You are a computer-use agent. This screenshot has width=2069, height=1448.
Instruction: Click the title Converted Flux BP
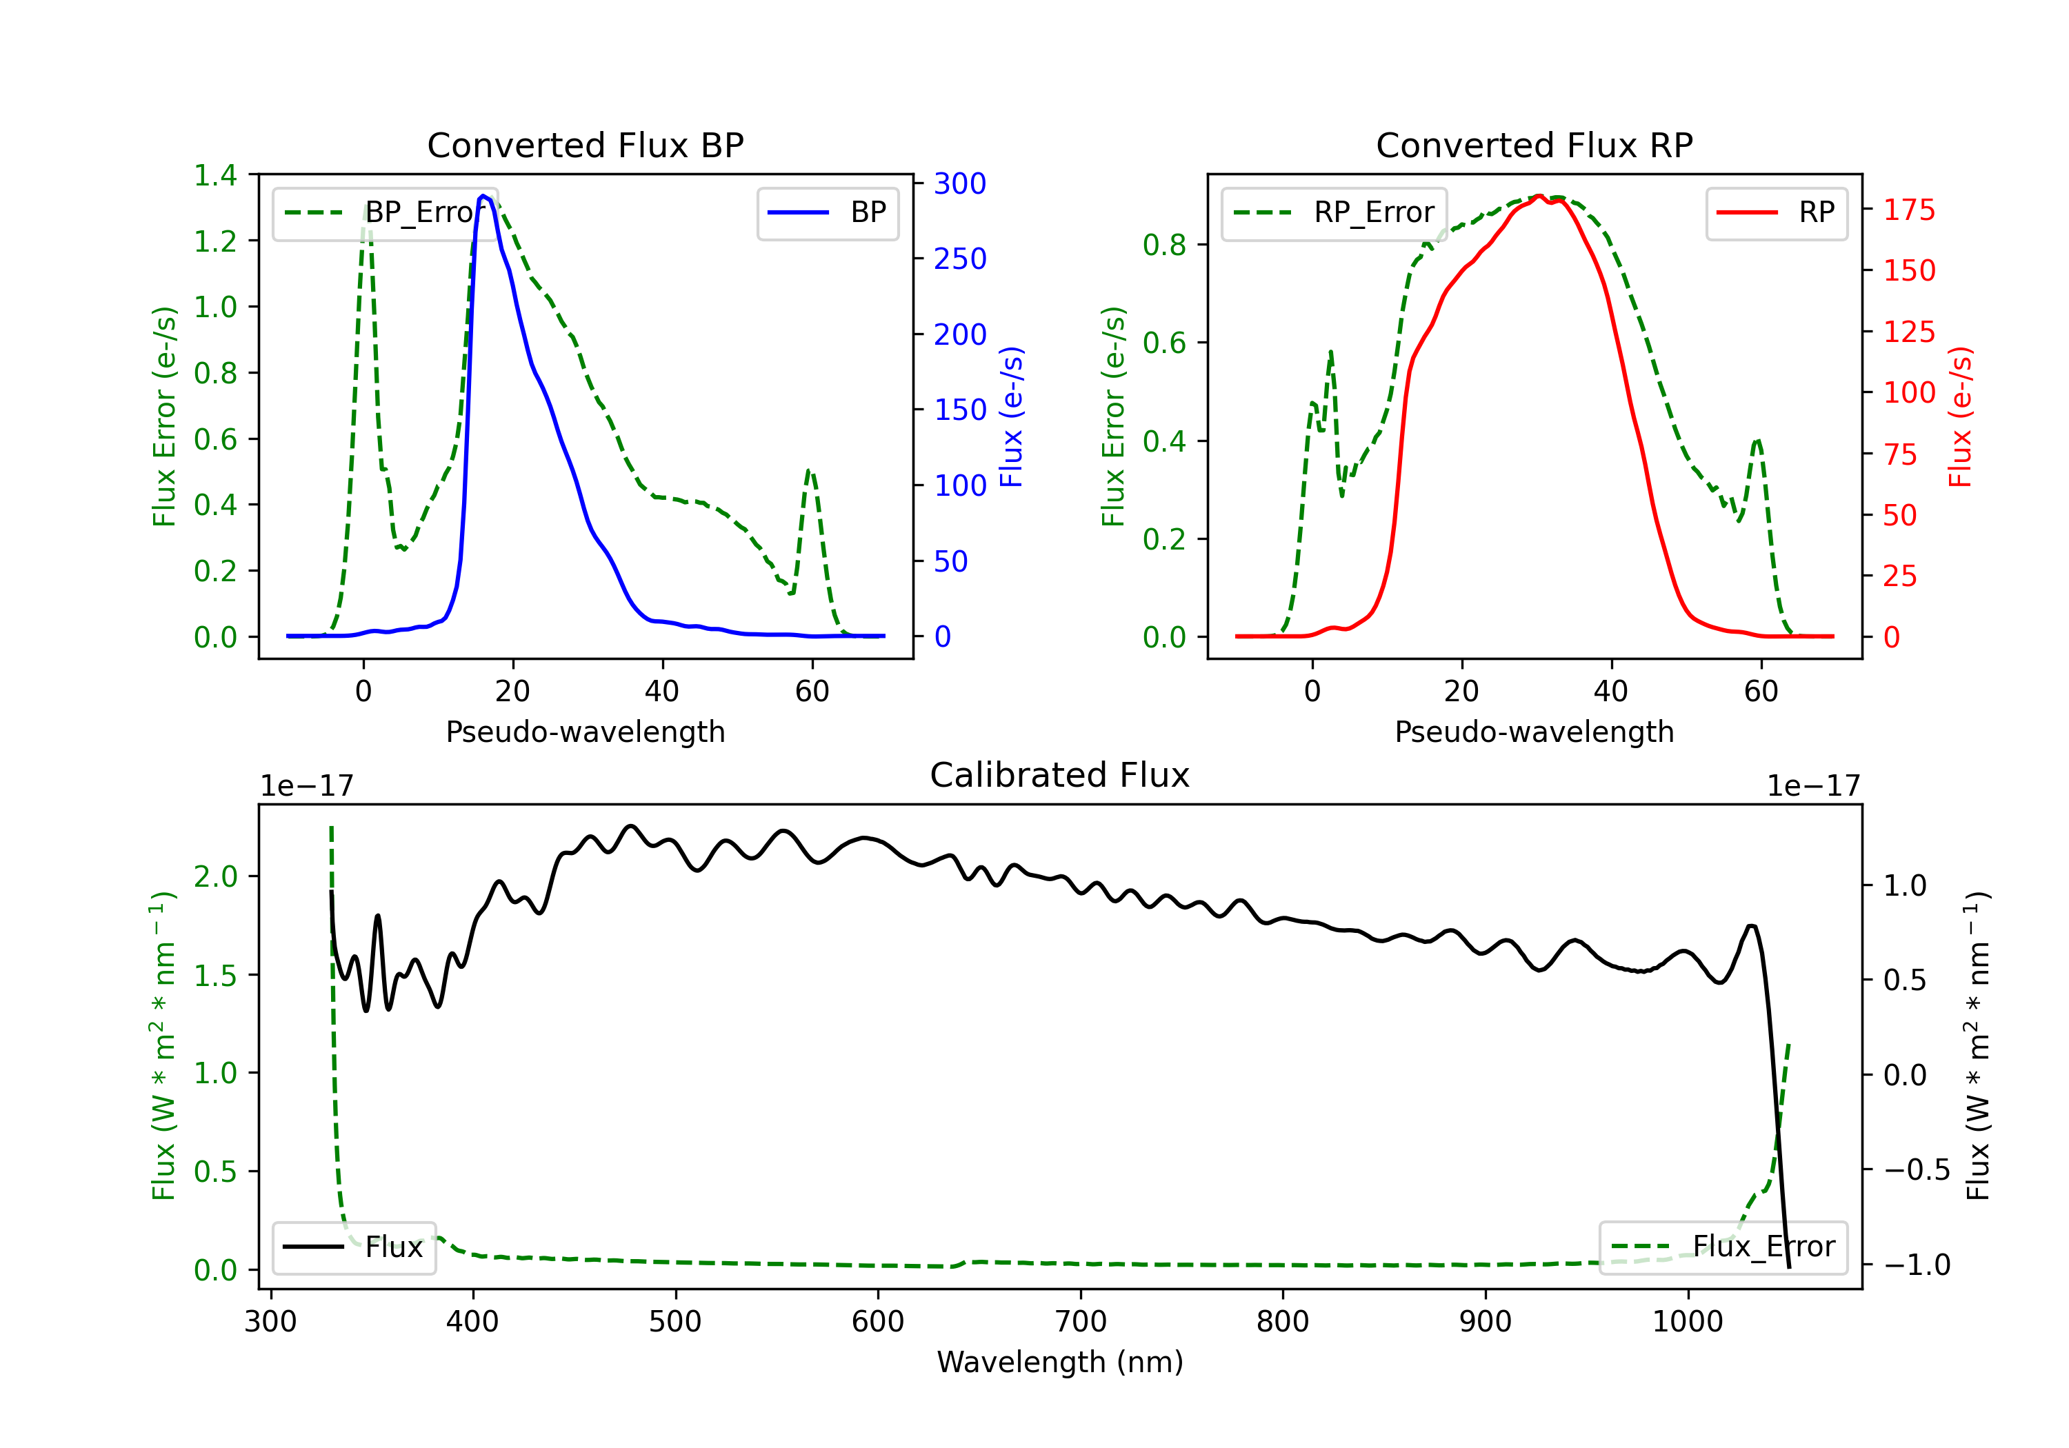(x=585, y=145)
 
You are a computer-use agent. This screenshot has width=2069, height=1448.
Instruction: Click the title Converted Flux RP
(x=1534, y=145)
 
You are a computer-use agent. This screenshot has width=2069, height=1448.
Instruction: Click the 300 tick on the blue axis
(x=960, y=184)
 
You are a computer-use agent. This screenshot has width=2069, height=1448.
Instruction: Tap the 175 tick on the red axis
(x=1908, y=210)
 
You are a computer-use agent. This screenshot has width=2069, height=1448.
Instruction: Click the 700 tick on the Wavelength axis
(x=1081, y=1322)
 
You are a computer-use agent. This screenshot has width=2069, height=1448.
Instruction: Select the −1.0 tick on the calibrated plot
(x=1916, y=1265)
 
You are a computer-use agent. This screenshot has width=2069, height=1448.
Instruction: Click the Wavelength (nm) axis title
(x=1060, y=1362)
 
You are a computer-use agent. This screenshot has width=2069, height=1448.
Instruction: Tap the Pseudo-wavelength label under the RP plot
(x=1534, y=732)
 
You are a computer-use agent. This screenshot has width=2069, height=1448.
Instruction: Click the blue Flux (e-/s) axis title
(x=1011, y=416)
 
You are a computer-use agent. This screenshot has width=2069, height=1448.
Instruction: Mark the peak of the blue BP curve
(x=484, y=196)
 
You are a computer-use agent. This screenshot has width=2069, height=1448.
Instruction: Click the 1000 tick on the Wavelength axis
(x=1687, y=1322)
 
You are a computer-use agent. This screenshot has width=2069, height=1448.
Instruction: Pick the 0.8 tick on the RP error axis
(x=1163, y=245)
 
